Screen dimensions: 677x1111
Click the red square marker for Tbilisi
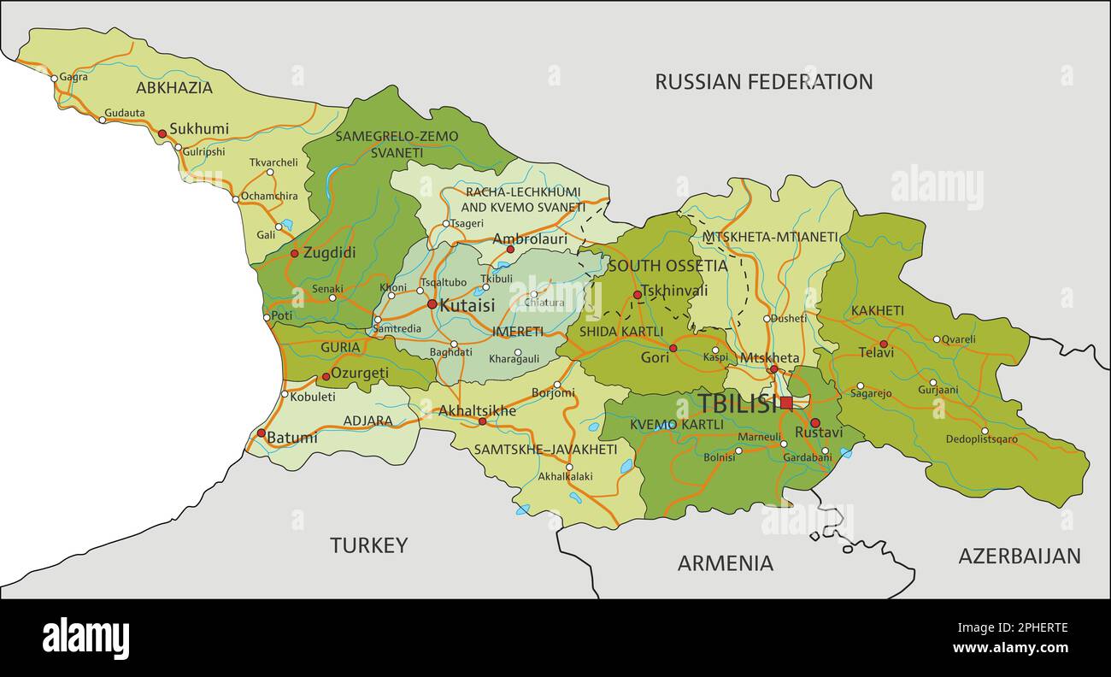coord(786,403)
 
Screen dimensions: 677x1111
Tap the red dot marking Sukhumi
coord(162,133)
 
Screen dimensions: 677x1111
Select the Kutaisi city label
coord(467,304)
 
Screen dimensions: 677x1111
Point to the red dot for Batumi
coord(262,433)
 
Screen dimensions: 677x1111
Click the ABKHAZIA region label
coord(174,87)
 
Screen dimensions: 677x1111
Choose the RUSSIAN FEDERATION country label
coord(763,82)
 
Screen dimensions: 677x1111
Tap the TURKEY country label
coord(369,545)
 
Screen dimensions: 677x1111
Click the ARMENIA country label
coord(725,563)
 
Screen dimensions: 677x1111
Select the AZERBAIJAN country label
coord(1019,556)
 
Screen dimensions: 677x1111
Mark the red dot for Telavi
coord(885,344)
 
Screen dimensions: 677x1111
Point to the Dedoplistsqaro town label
coord(981,440)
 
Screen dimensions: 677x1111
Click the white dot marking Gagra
coord(54,78)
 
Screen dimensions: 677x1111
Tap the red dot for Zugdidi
coord(295,253)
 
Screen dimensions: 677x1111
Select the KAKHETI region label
coord(877,311)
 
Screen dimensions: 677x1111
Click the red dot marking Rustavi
coord(814,423)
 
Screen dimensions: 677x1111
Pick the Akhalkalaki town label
coord(564,477)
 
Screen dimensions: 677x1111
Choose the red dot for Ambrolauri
coord(510,250)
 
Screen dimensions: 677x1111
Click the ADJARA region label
coord(367,421)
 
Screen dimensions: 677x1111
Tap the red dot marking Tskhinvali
coord(637,296)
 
